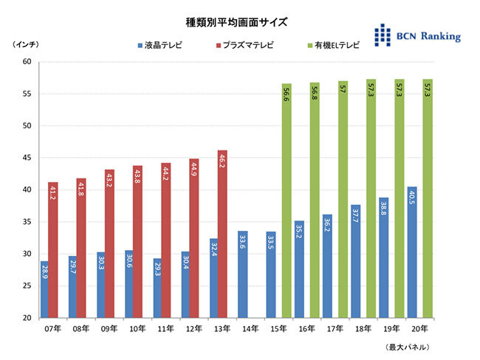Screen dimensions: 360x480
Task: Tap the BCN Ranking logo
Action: pos(416,35)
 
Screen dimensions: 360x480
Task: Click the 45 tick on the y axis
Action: pos(26,158)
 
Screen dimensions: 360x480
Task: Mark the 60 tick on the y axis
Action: pos(26,62)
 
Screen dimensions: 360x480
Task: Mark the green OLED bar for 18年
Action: pos(371,198)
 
